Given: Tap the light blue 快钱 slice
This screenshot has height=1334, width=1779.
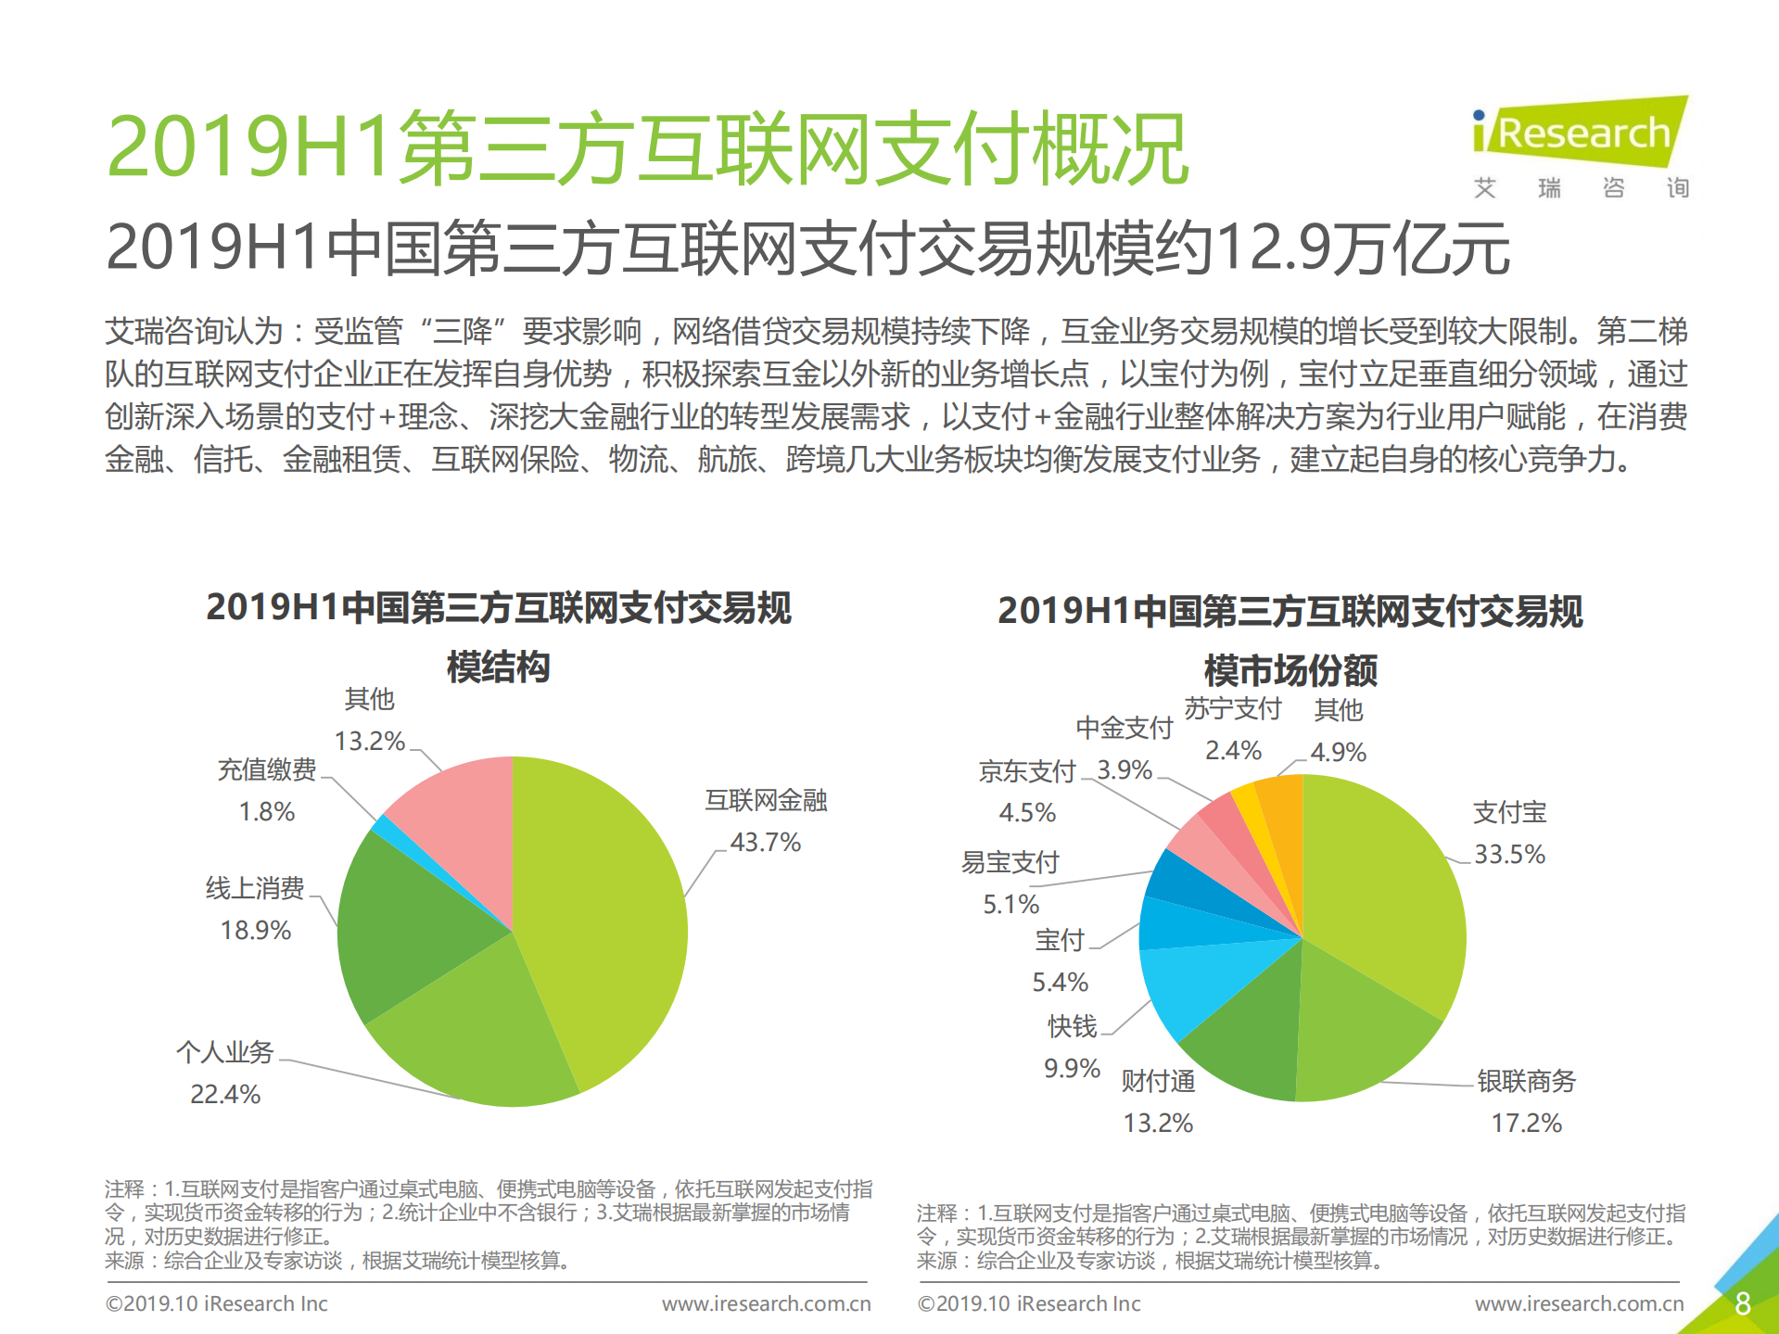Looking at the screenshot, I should click(x=1196, y=983).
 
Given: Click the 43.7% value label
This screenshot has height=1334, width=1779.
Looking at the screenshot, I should click(x=765, y=842).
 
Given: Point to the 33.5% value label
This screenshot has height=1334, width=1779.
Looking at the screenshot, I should click(x=1509, y=854).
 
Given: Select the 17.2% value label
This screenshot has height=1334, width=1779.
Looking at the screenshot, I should click(x=1526, y=1123).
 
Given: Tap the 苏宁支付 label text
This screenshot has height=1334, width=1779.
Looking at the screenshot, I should click(x=1233, y=709).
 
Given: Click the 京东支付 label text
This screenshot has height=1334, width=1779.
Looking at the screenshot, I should click(x=1027, y=771).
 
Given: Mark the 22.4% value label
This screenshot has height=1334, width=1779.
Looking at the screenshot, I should click(x=225, y=1094).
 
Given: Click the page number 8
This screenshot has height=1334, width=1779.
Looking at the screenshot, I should click(x=1742, y=1302).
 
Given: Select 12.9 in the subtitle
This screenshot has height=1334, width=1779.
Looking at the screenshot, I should click(x=1259, y=248).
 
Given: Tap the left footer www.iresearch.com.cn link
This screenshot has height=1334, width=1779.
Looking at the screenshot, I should click(x=766, y=1303).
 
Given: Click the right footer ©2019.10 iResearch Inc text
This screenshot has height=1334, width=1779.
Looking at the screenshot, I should click(x=1029, y=1303).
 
